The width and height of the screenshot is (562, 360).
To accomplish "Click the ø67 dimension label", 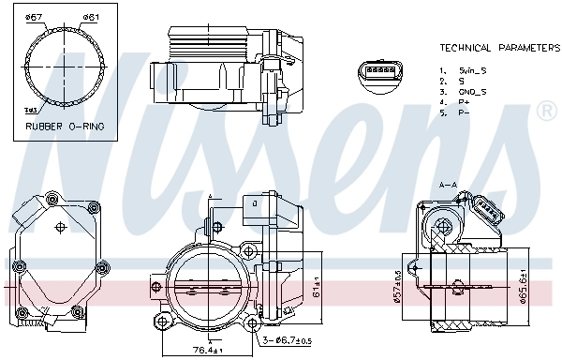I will click(33, 18).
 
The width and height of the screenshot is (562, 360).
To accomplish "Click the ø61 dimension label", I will click(91, 18).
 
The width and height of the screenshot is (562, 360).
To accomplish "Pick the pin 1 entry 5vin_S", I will click(469, 70).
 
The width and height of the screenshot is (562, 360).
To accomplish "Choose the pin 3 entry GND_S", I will click(470, 92).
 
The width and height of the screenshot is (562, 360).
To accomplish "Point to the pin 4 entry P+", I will click(463, 102).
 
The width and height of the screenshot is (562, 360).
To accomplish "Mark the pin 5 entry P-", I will click(463, 113).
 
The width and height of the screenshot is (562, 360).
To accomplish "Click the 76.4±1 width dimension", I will click(207, 351).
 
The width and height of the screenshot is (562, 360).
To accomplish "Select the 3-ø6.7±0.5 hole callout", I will click(287, 339).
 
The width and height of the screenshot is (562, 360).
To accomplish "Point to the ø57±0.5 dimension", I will click(398, 286).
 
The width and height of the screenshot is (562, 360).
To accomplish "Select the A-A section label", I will click(448, 186).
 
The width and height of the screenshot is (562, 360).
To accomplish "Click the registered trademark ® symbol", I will click(545, 112).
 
